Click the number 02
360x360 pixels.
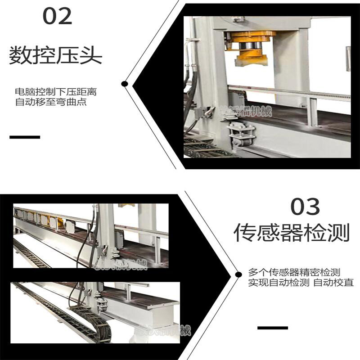click(57, 17)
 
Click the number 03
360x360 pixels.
click(305, 207)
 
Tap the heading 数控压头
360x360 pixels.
click(56, 56)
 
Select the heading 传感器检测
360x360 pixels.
click(292, 233)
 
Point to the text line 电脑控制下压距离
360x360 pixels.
click(56, 92)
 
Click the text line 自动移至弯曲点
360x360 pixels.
click(50, 102)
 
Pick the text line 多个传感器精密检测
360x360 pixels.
click(294, 273)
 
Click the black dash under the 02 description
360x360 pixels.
click(25, 137)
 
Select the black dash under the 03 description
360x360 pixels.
click(273, 328)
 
